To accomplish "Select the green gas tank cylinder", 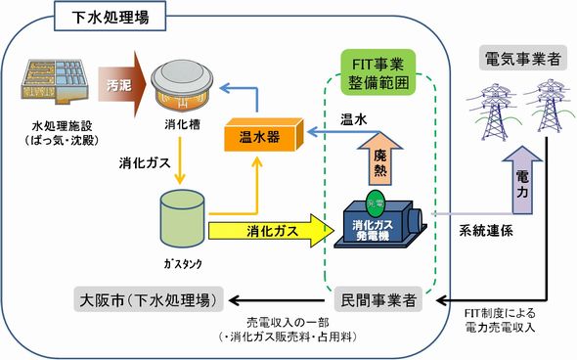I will (x=181, y=217).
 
